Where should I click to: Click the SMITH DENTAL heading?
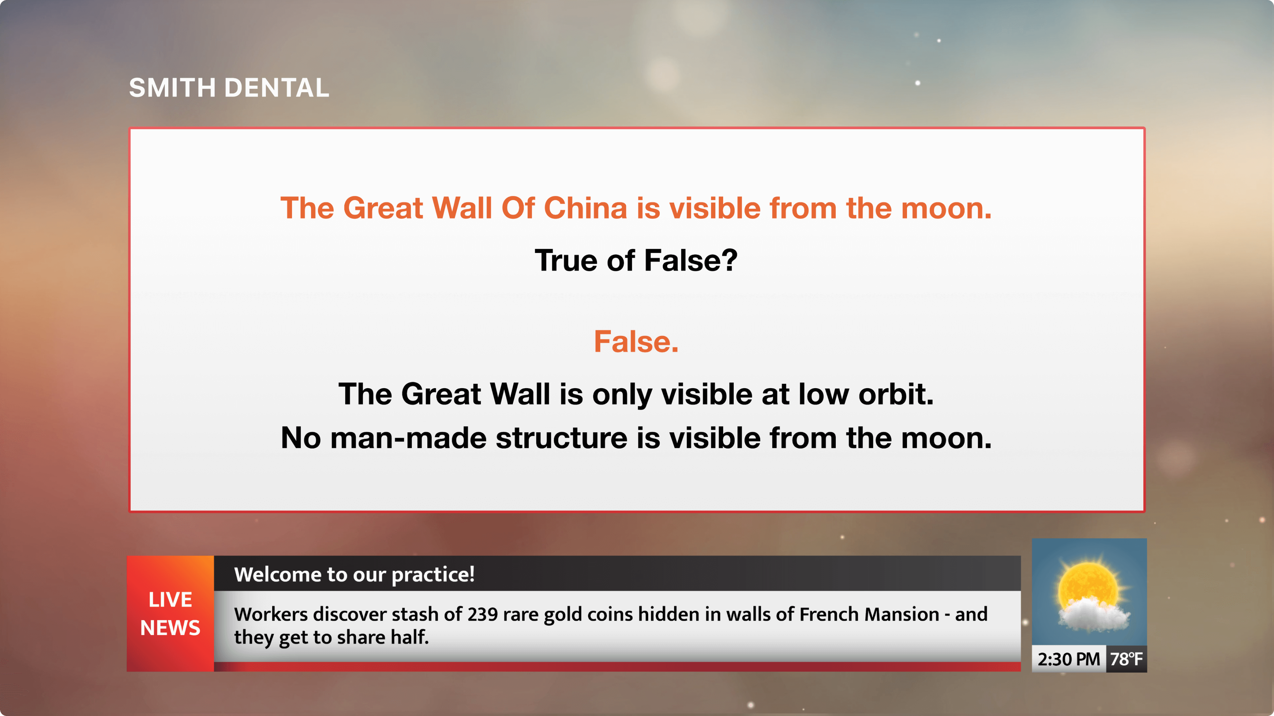point(229,88)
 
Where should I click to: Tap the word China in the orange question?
point(585,208)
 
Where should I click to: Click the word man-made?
point(408,438)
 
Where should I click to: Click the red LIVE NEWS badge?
point(170,614)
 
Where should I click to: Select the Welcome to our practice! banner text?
point(354,574)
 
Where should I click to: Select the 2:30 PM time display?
point(1069,659)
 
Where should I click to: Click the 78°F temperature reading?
point(1126,659)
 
